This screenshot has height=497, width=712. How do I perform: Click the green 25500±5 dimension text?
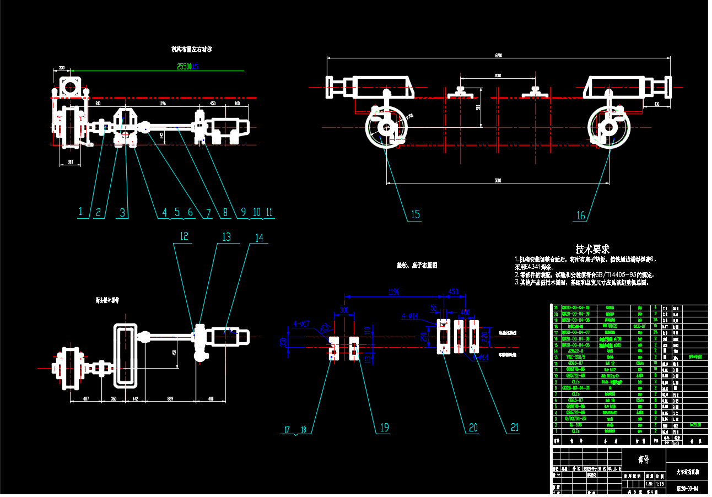187,67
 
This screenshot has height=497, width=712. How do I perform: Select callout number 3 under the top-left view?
123,212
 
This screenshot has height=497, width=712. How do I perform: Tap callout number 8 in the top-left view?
225,212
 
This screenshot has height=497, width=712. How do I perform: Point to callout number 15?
414,215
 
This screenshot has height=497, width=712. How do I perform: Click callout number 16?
580,215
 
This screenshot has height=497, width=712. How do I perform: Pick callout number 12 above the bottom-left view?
184,236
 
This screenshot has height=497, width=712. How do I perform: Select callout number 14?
258,237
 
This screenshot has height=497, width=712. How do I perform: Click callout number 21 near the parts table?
515,427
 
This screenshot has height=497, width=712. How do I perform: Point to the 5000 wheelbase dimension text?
497,180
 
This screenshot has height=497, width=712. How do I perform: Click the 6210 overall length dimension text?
499,56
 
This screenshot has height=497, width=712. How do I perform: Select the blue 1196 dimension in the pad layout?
393,291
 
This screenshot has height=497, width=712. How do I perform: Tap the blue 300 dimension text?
344,310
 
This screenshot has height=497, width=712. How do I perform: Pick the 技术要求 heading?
592,249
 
